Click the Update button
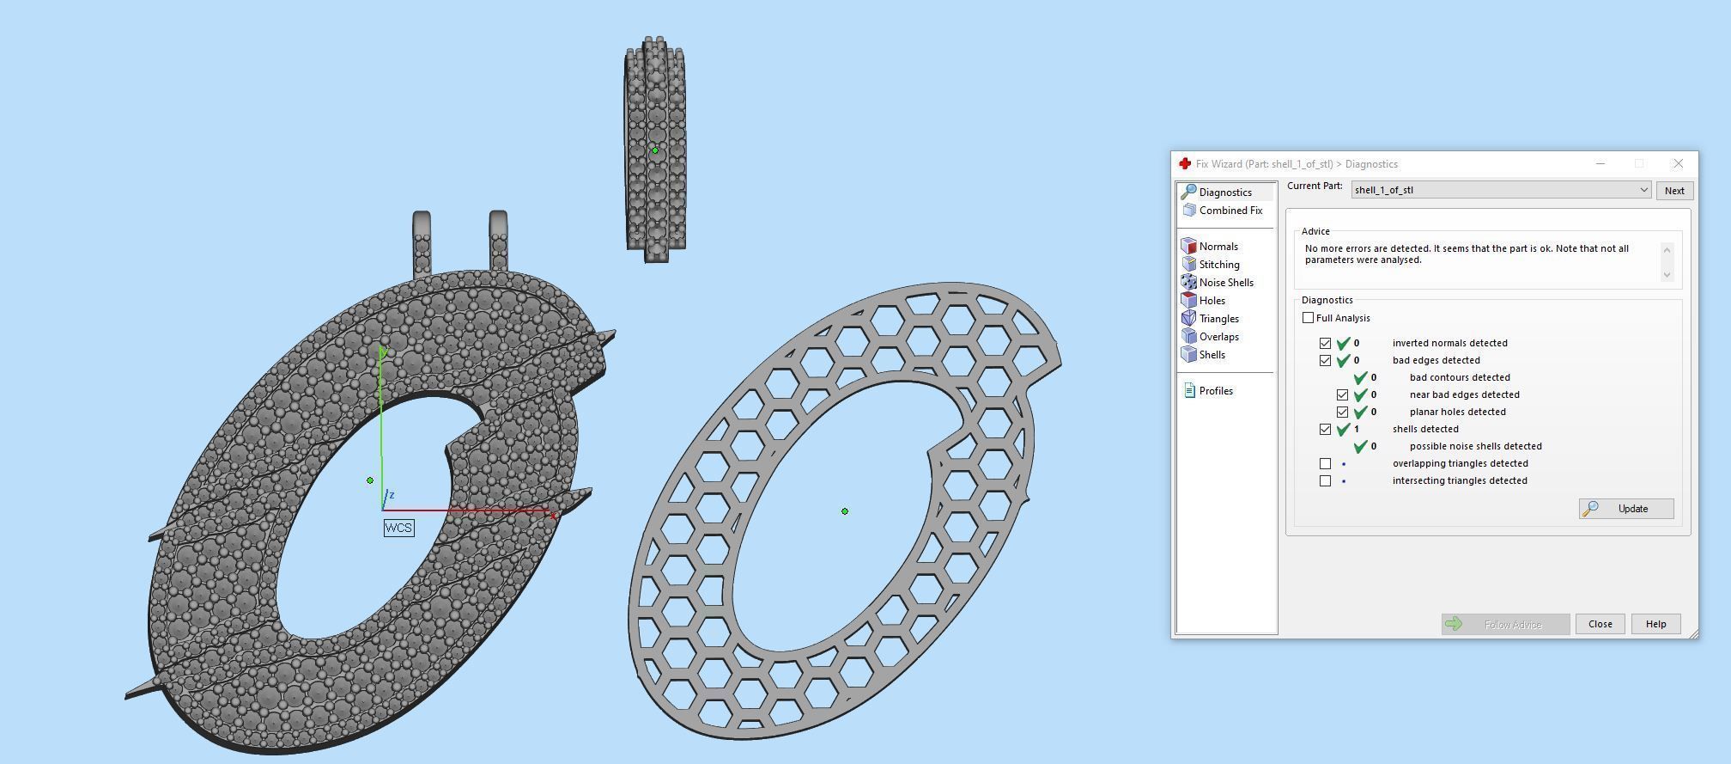pos(1625,509)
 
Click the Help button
pos(1655,624)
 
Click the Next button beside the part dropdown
pos(1673,191)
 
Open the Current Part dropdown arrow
pos(1643,190)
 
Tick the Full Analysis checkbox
pos(1308,318)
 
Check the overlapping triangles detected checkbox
pos(1325,463)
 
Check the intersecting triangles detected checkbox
pos(1325,480)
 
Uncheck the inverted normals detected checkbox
pos(1325,343)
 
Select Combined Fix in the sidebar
pos(1230,211)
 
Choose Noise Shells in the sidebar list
pos(1225,283)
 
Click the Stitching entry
pos(1218,265)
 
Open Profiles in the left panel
pos(1215,391)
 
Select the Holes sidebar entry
pos(1212,301)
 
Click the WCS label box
pos(398,528)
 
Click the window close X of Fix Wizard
pos(1678,163)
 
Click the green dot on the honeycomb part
pos(845,511)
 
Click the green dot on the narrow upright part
pos(655,150)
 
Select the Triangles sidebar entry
pos(1218,319)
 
